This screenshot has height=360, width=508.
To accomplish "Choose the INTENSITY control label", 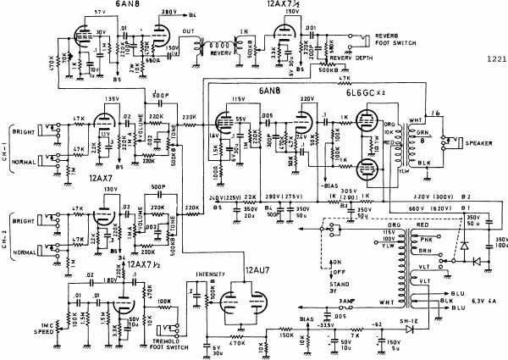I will [x=208, y=274].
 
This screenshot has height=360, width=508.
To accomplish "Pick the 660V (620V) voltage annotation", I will [x=411, y=207].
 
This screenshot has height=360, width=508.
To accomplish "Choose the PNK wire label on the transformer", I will [x=422, y=242].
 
